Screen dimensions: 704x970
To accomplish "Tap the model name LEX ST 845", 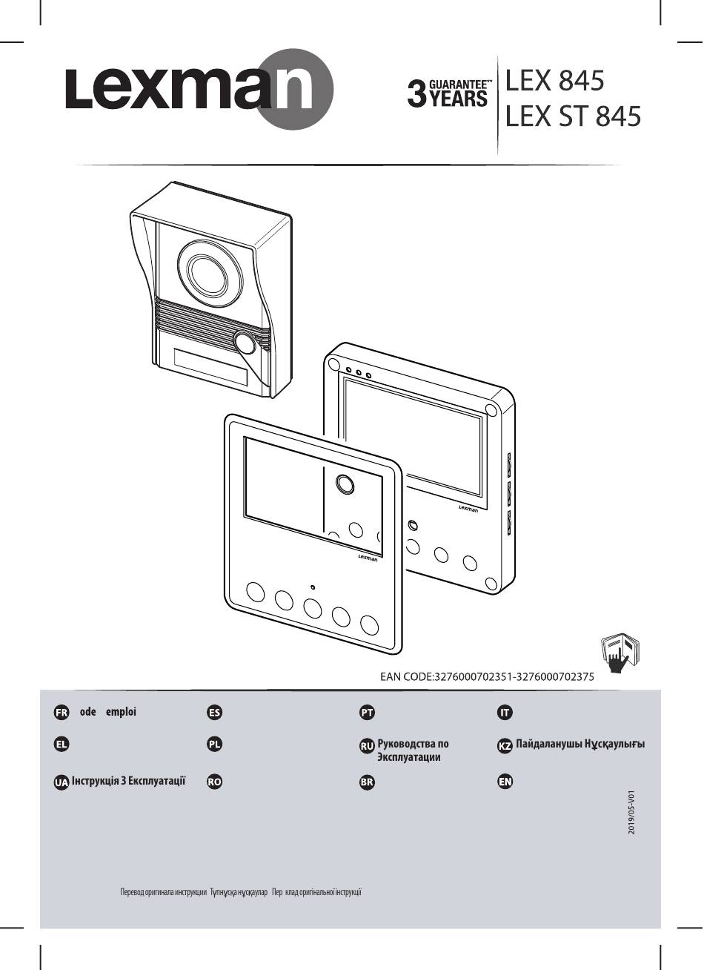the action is tap(572, 116).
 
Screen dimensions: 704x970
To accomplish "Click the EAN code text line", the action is tap(487, 676).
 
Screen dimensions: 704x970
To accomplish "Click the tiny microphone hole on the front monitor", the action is tap(313, 587).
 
